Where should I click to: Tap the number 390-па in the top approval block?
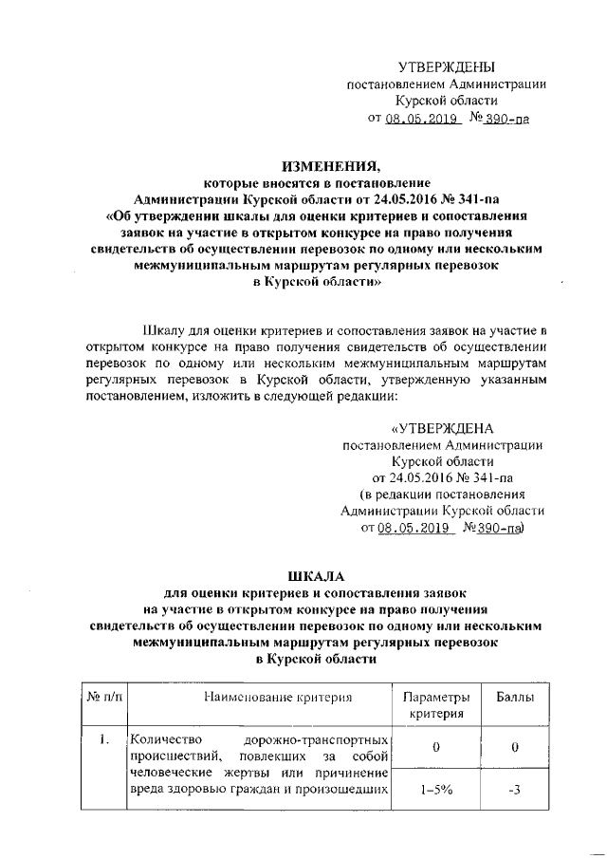pyautogui.click(x=500, y=120)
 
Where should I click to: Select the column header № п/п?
pyautogui.click(x=103, y=698)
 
